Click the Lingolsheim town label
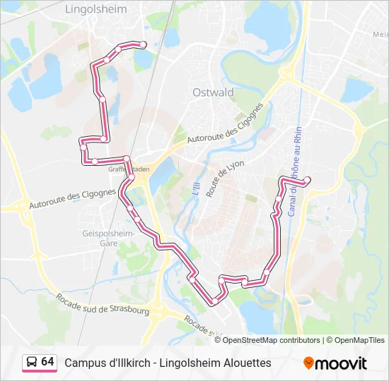pos(95,10)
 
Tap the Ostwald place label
pos(213,92)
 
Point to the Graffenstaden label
pos(128,169)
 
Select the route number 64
pos(47,362)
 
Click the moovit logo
pos(335,363)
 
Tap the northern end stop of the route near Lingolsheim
pos(144,44)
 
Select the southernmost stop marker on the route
pos(213,302)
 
